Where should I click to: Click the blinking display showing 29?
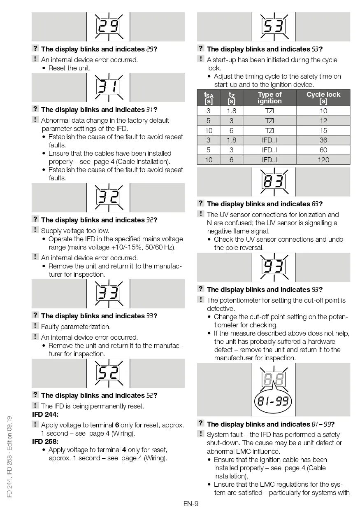point(108,27)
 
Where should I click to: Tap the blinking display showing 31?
point(108,87)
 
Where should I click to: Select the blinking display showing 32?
point(108,197)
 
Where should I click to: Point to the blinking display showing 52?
point(108,373)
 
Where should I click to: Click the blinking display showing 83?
point(274,182)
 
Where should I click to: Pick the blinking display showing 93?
point(274,267)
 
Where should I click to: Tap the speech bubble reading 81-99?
point(273,400)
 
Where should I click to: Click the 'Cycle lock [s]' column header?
point(323,98)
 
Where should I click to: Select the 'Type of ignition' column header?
point(269,98)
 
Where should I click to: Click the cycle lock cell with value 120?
point(323,160)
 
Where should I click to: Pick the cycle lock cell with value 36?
point(323,140)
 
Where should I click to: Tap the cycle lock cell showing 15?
point(323,131)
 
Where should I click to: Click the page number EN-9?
point(191,503)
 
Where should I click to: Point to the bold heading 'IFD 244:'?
point(45,414)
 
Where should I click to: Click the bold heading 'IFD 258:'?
point(45,442)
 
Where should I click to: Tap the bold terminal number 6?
point(117,425)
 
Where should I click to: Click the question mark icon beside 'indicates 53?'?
point(200,49)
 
